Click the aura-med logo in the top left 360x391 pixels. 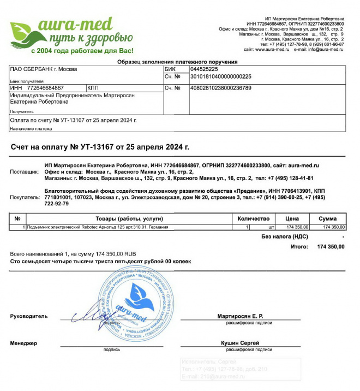pyautogui.click(x=71, y=34)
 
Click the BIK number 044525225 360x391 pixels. pyautogui.click(x=204, y=69)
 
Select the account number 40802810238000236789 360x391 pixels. pyautogui.click(x=220, y=87)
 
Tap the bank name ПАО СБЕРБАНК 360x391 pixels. pyautogui.click(x=44, y=69)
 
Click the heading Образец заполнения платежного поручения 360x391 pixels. pyautogui.click(x=177, y=62)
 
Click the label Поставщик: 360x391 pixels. pyautogui.click(x=25, y=172)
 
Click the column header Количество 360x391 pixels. pyautogui.click(x=254, y=218)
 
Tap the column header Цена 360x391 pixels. pyautogui.click(x=296, y=218)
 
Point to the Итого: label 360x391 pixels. pyautogui.click(x=299, y=246)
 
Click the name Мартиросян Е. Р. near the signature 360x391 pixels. pyautogui.click(x=240, y=316)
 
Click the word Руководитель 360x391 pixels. pyautogui.click(x=29, y=316)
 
